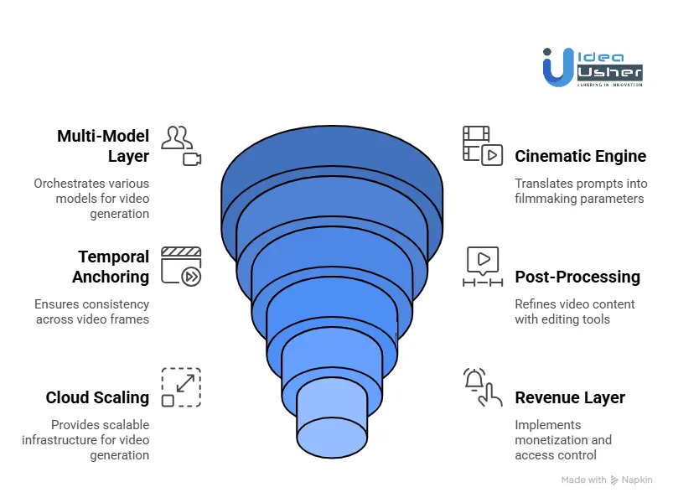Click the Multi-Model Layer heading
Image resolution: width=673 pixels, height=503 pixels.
point(103,146)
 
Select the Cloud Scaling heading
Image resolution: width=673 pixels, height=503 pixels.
point(97,397)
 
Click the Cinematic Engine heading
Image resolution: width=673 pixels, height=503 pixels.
point(580,156)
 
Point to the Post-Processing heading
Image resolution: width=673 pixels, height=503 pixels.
point(577,277)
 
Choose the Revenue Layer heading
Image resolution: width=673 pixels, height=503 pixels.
point(570,397)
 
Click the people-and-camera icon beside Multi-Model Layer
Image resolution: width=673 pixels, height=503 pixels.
point(181,145)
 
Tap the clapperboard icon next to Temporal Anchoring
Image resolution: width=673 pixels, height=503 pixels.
point(181,267)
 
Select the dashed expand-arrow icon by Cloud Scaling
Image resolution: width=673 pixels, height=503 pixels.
point(181,387)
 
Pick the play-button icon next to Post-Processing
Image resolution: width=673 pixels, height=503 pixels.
point(483,267)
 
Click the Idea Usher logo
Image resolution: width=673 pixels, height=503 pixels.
point(593,67)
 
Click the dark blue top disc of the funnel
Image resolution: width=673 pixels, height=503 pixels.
point(331,159)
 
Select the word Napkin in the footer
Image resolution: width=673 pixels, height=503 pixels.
point(636,480)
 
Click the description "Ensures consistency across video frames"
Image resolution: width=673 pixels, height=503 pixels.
point(92,312)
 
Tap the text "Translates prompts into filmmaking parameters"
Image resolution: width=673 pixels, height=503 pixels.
point(579,191)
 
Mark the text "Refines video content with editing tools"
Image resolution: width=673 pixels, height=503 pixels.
point(575,312)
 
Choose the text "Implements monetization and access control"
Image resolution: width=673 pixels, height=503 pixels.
point(563,440)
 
